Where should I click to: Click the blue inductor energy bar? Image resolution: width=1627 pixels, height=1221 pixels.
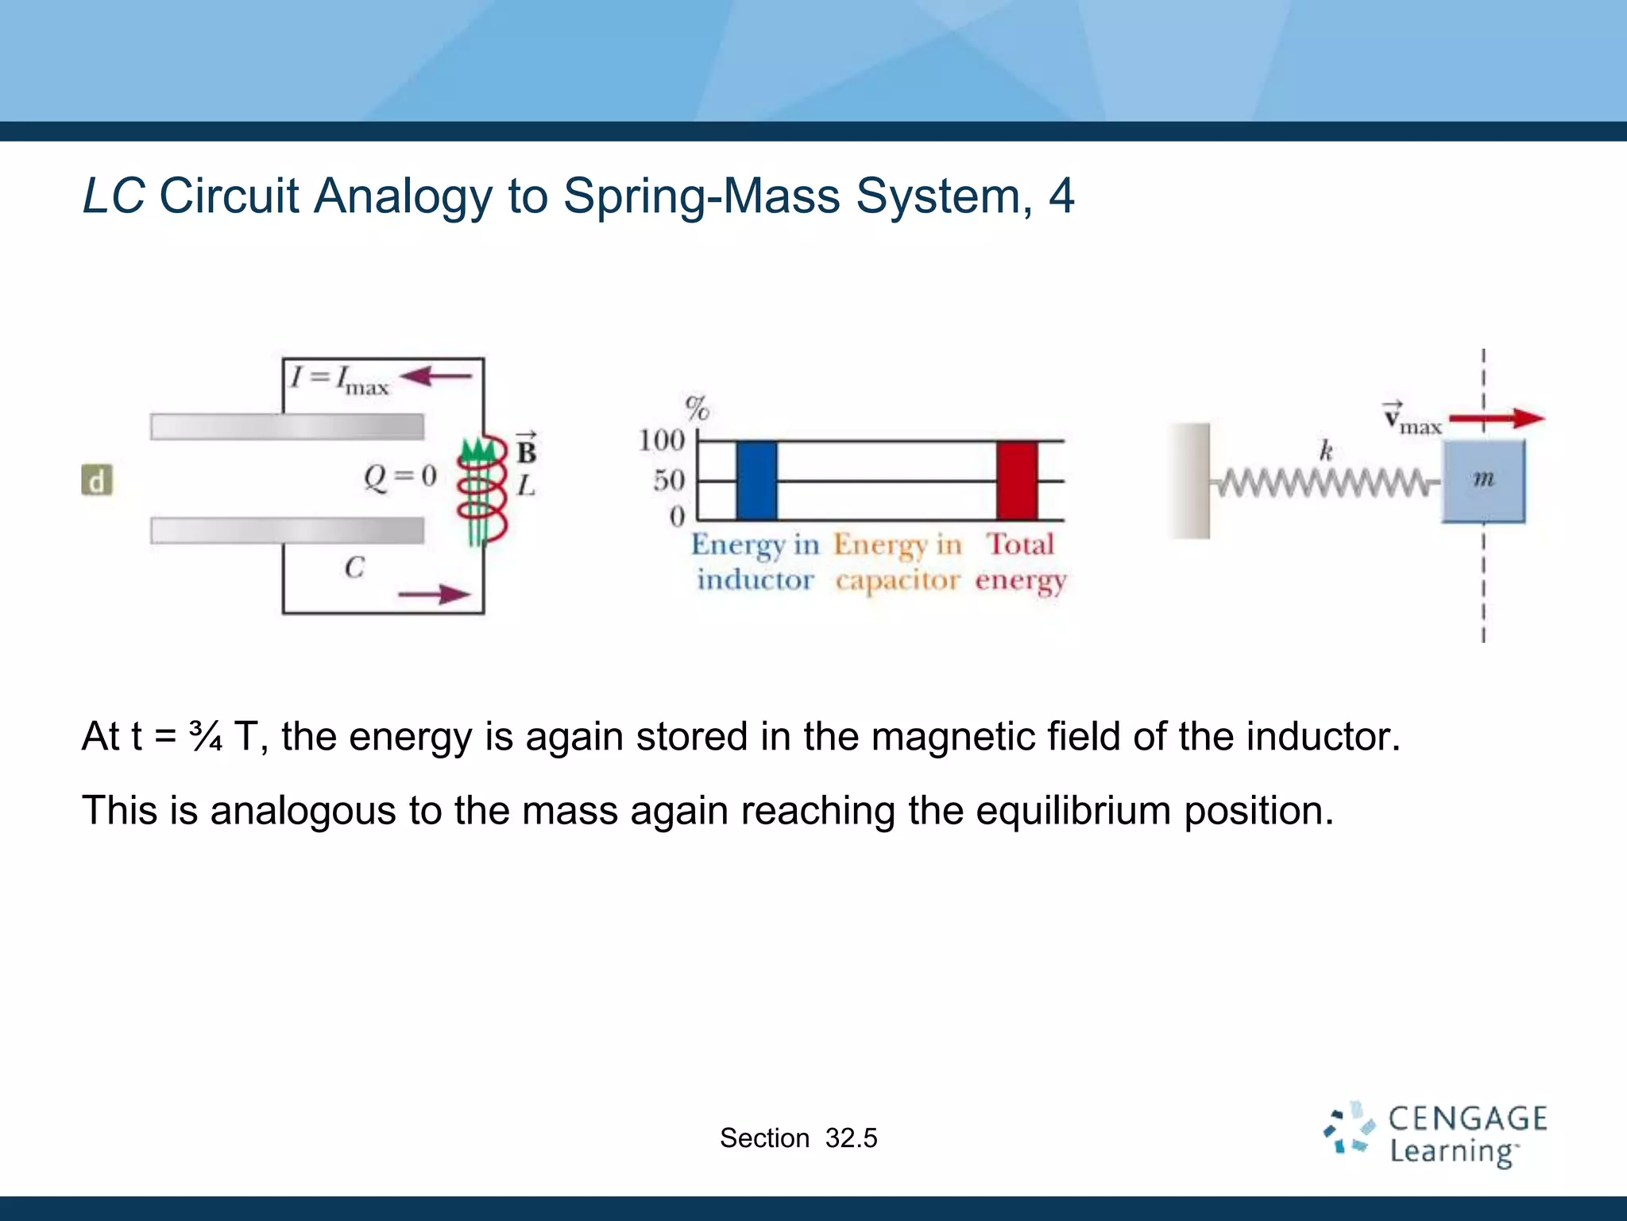coord(756,480)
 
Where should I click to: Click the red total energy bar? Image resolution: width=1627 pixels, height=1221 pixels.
coord(1017,480)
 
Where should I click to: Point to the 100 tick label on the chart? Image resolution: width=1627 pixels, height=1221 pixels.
coord(661,440)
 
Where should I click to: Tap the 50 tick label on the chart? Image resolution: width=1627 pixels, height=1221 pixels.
coord(668,480)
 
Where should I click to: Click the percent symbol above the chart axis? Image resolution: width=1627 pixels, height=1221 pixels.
coord(698,409)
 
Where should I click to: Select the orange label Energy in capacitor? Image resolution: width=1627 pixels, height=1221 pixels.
coord(897,563)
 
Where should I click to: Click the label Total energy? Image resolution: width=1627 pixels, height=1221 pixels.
coord(1021,563)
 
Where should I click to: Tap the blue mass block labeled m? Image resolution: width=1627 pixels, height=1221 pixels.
coord(1483,481)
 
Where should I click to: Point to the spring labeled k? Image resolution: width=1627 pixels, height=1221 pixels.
coord(1325,482)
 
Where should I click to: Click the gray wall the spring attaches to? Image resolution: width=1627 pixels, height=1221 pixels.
coord(1190,481)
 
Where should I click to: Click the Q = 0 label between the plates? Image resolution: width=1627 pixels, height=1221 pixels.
coord(400,477)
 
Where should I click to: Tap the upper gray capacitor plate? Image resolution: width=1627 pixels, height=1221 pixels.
coord(287,427)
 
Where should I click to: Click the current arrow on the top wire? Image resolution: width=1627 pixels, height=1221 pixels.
coord(436,376)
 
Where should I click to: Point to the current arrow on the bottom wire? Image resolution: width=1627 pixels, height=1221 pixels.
coord(434,594)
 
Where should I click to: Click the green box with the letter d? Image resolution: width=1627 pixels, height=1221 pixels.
coord(97,480)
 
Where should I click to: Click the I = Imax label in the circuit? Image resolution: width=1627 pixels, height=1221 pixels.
coord(339,379)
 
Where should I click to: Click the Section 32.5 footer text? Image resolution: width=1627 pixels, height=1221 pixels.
coord(798,1138)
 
